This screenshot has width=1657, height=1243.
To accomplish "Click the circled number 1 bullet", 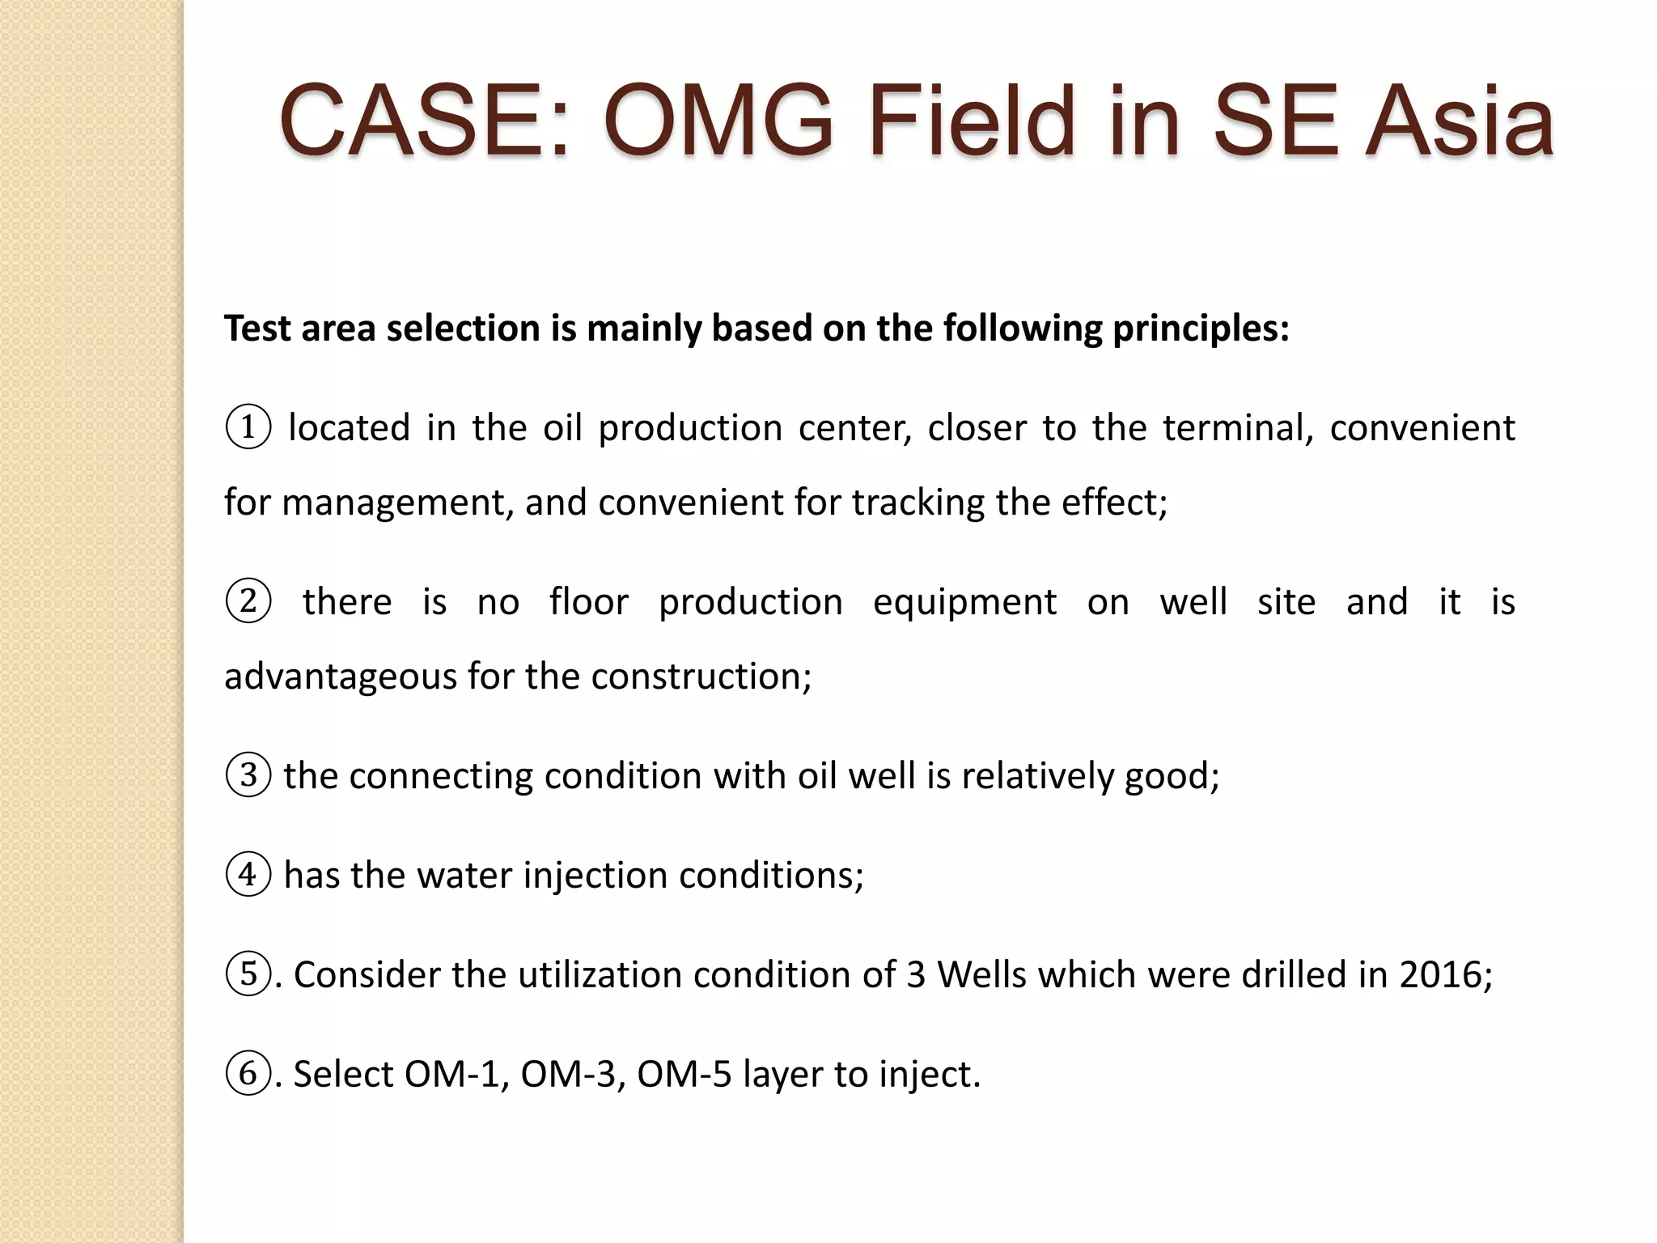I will (248, 427).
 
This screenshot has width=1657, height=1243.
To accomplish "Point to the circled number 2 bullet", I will (248, 602).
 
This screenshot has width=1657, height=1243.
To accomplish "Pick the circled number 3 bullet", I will (248, 775).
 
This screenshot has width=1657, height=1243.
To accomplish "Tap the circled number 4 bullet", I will (248, 875).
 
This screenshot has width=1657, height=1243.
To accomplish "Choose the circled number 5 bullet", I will (248, 974).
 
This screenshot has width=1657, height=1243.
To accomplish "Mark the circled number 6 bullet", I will (248, 1074).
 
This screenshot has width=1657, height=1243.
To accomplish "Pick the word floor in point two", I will (588, 602).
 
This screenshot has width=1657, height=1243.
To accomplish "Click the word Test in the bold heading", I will (257, 329).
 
